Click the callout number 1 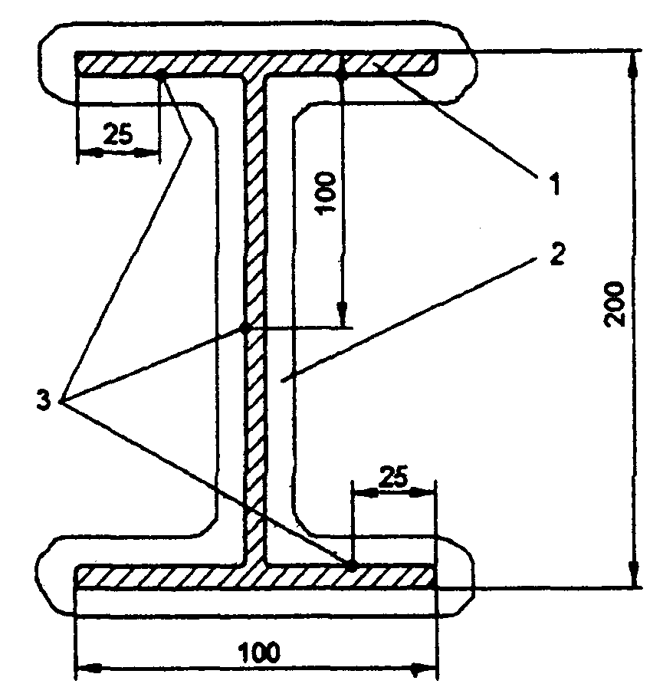tap(555, 184)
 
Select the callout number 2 tap(557, 255)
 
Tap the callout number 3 tap(44, 400)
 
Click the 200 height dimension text tap(615, 304)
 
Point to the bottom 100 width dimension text tap(260, 652)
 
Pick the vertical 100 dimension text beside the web tap(327, 193)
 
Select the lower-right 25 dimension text tap(393, 478)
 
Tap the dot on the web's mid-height tap(245, 328)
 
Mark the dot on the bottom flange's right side tap(351, 564)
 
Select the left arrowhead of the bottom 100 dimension tap(90, 668)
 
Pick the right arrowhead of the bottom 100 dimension tap(424, 668)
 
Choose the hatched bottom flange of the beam tap(255, 576)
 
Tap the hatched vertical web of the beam tap(255, 320)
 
